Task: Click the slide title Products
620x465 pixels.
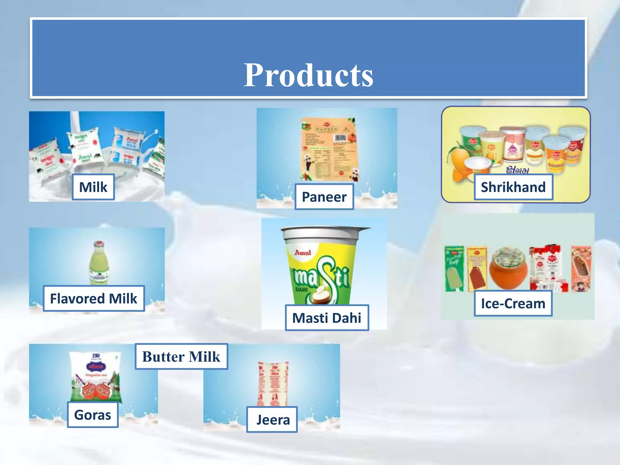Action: [308, 75]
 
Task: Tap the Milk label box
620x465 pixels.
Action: [93, 187]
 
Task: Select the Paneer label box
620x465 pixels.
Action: [324, 197]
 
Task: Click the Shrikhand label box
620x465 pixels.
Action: [513, 187]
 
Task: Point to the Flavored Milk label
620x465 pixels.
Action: [94, 298]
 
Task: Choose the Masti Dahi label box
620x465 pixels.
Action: [327, 318]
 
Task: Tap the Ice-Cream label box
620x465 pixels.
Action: [513, 303]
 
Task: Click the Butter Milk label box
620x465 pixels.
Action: [181, 356]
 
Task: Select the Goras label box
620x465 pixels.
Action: [93, 415]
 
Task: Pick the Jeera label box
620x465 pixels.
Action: [272, 420]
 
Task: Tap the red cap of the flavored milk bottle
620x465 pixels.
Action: [99, 244]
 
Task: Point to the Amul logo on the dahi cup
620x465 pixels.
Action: [302, 252]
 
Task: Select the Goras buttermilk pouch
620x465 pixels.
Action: [95, 375]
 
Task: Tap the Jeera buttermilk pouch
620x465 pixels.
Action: [273, 383]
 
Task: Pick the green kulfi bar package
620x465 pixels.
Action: [454, 268]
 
